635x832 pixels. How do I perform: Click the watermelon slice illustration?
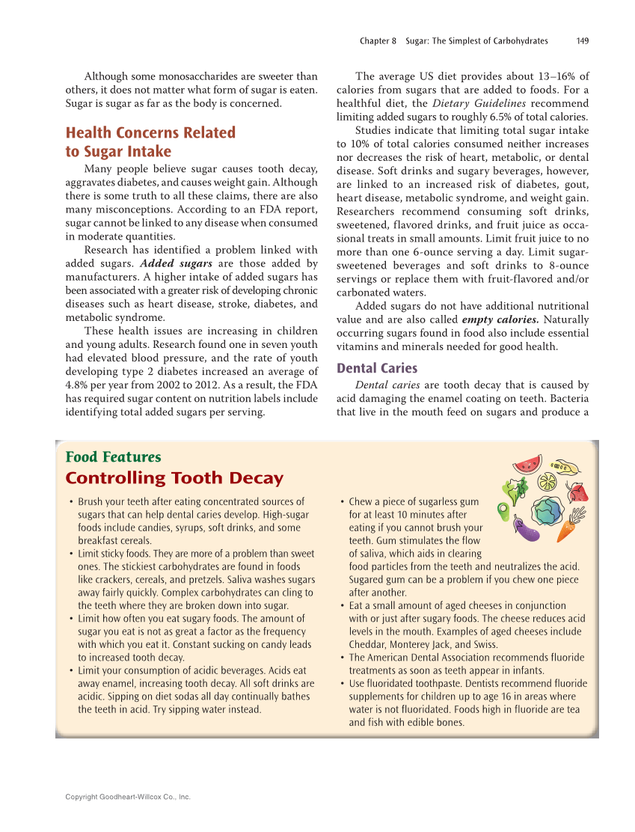tap(527, 464)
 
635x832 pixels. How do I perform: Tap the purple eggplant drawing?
tap(527, 530)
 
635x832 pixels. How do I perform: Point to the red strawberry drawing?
tap(578, 492)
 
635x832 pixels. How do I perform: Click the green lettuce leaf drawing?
tap(516, 490)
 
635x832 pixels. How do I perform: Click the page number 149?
tap(582, 41)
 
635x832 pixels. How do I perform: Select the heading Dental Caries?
tap(377, 368)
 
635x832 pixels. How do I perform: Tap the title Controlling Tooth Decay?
tap(174, 478)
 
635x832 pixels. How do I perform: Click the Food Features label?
tap(113, 457)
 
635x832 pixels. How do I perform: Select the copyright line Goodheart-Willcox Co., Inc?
tap(128, 797)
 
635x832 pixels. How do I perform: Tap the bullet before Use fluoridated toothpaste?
tap(342, 684)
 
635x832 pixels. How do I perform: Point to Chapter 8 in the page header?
tap(378, 41)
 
